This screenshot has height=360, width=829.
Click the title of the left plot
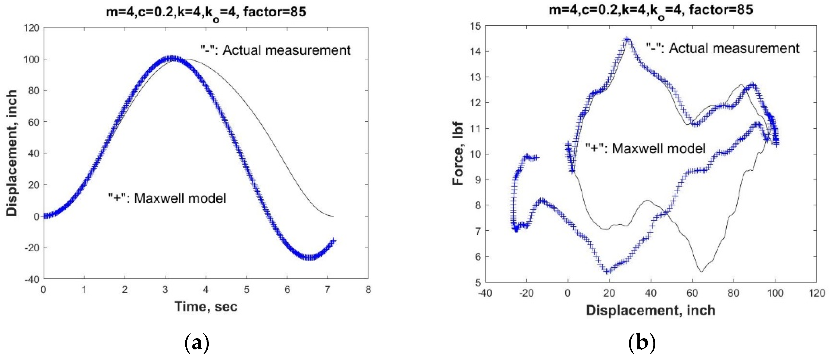point(206,12)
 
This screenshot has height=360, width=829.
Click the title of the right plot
point(651,10)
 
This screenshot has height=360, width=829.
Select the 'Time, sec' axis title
point(206,306)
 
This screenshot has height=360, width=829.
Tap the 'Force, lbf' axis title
point(458,154)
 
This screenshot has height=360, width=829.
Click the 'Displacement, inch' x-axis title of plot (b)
point(651,311)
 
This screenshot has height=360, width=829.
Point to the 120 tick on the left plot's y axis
point(31,28)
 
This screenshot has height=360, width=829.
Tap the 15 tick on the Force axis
point(475,26)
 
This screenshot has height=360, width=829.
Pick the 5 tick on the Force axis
point(477,283)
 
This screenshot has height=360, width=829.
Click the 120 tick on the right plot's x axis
point(816,293)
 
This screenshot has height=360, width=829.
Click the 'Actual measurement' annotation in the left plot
point(276,51)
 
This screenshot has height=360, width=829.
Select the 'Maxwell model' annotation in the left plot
point(167,198)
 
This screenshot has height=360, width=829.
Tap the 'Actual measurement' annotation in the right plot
point(723,49)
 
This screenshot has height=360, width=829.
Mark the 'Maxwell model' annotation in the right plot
point(645,148)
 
